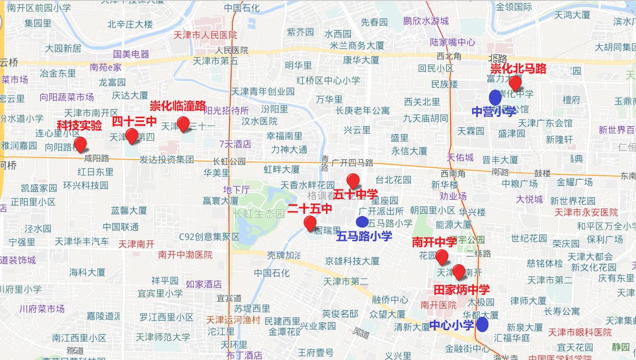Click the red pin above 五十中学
(x=353, y=181)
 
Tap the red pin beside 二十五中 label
(x=310, y=223)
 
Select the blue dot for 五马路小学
(x=362, y=222)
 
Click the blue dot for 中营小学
(x=495, y=97)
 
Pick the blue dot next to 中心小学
(x=481, y=325)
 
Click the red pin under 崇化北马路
(x=515, y=82)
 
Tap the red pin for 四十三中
(x=132, y=136)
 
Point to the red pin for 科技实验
(x=80, y=144)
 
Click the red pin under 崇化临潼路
(x=183, y=124)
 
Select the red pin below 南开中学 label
(x=441, y=257)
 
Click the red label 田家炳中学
(x=462, y=289)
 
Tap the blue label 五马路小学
(x=364, y=236)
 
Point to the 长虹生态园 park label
(x=259, y=214)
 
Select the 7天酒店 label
(x=235, y=144)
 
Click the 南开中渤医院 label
(x=185, y=255)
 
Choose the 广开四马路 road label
(x=352, y=162)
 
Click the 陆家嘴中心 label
(x=452, y=42)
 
